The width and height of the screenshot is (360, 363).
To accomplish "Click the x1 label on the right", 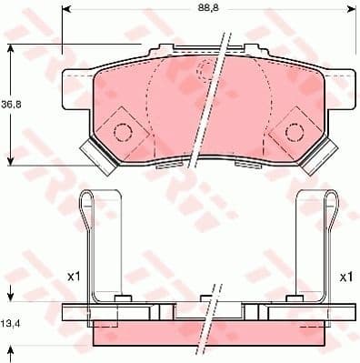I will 345,277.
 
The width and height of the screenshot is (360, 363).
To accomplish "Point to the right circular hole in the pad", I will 293,132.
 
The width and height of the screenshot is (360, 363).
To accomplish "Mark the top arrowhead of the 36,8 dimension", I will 11,47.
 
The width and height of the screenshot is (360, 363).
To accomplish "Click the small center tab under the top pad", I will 174,166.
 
